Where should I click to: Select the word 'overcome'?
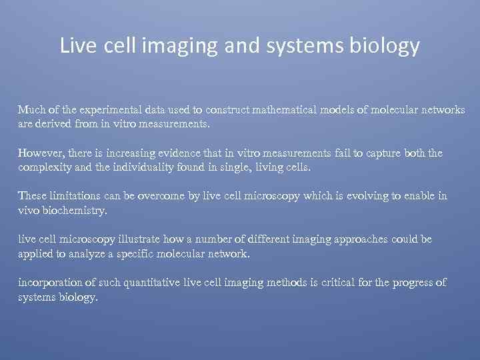[x=160, y=196]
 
